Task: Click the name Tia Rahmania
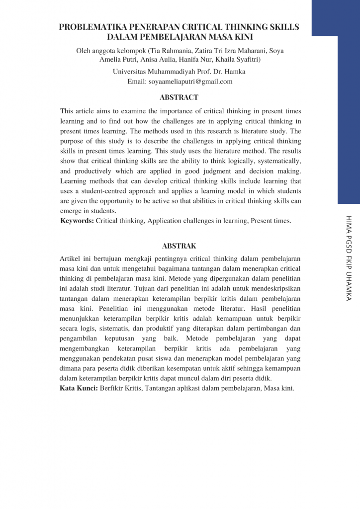[170, 50]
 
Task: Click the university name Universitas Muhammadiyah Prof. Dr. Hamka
[179, 72]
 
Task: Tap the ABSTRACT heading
[179, 97]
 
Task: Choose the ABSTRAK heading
[179, 246]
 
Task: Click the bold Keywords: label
[77, 221]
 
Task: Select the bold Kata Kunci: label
[79, 388]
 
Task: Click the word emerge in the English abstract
[71, 211]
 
